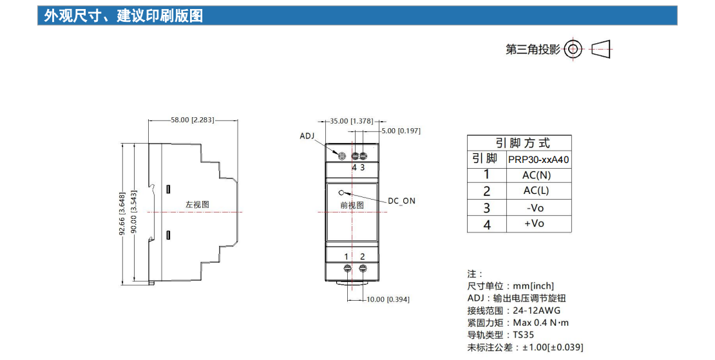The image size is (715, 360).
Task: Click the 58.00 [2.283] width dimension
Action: pyautogui.click(x=192, y=120)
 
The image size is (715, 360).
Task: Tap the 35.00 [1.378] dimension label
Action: pyautogui.click(x=351, y=120)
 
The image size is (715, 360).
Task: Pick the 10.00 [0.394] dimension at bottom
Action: pyautogui.click(x=388, y=299)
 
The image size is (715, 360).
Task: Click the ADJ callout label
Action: pyautogui.click(x=308, y=136)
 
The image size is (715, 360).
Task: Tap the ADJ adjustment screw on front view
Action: pyautogui.click(x=343, y=156)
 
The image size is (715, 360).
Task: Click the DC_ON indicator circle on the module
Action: pyautogui.click(x=341, y=191)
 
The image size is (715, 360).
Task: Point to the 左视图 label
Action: pyautogui.click(x=197, y=204)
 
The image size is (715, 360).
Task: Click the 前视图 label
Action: pyautogui.click(x=352, y=205)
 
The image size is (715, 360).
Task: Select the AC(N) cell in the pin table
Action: pyautogui.click(x=537, y=175)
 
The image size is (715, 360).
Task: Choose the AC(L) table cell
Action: pyautogui.click(x=537, y=191)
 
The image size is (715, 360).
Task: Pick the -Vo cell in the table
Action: pyautogui.click(x=536, y=207)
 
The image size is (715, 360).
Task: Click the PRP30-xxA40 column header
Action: pyautogui.click(x=539, y=159)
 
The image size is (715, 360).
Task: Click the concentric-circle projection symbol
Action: pyautogui.click(x=573, y=48)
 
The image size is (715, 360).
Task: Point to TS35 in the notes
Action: pyautogui.click(x=524, y=335)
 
